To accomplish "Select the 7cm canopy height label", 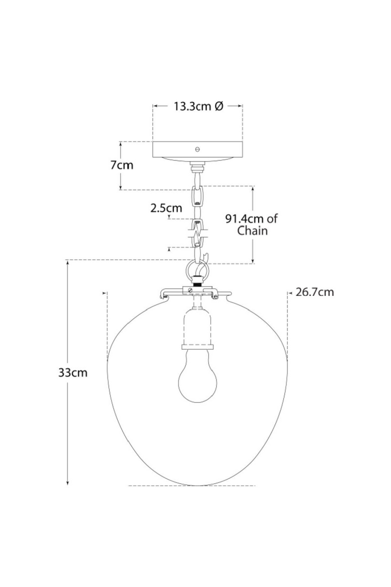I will [x=121, y=165].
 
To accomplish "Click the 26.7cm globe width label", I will [x=315, y=293].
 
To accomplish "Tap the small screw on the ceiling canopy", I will [x=198, y=149].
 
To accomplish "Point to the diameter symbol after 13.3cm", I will [x=219, y=106].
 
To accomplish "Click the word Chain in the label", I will [x=252, y=231].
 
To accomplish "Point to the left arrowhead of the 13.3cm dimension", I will [x=155, y=106].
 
